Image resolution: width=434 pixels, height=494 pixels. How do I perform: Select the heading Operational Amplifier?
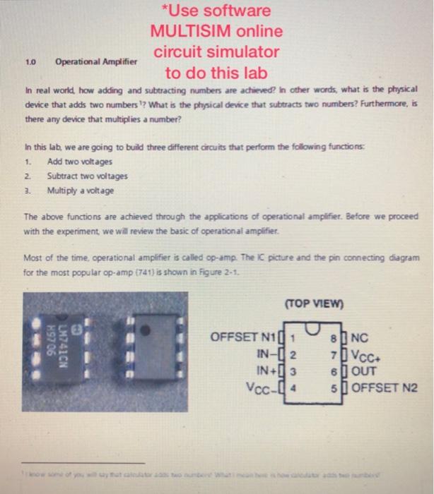tap(96, 61)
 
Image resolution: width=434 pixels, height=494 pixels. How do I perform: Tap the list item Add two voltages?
tap(74, 161)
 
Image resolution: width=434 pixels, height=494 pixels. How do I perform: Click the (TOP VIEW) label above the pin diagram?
tap(312, 305)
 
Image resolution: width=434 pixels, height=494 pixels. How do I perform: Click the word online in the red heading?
tap(260, 32)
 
